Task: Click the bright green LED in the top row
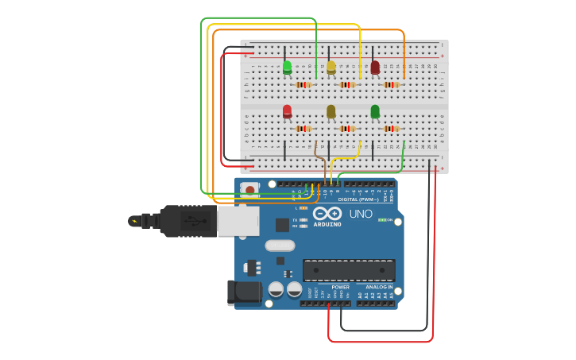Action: point(287,68)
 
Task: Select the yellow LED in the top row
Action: point(331,68)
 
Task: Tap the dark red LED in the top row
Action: point(375,68)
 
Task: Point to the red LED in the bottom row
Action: point(287,111)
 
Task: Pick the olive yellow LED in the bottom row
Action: point(331,111)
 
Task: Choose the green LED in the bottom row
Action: point(375,111)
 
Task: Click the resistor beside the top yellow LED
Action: point(347,85)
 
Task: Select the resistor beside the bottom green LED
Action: point(391,128)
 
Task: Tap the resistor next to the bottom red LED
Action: point(303,128)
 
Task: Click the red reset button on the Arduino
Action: point(250,190)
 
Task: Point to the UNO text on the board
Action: point(361,214)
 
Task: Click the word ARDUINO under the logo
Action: point(327,225)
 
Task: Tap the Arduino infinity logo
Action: point(327,213)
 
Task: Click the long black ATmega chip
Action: point(349,270)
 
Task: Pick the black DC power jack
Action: point(243,292)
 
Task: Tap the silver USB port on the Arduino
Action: point(238,222)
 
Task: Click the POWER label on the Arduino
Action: point(340,287)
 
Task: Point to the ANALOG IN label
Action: point(379,287)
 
